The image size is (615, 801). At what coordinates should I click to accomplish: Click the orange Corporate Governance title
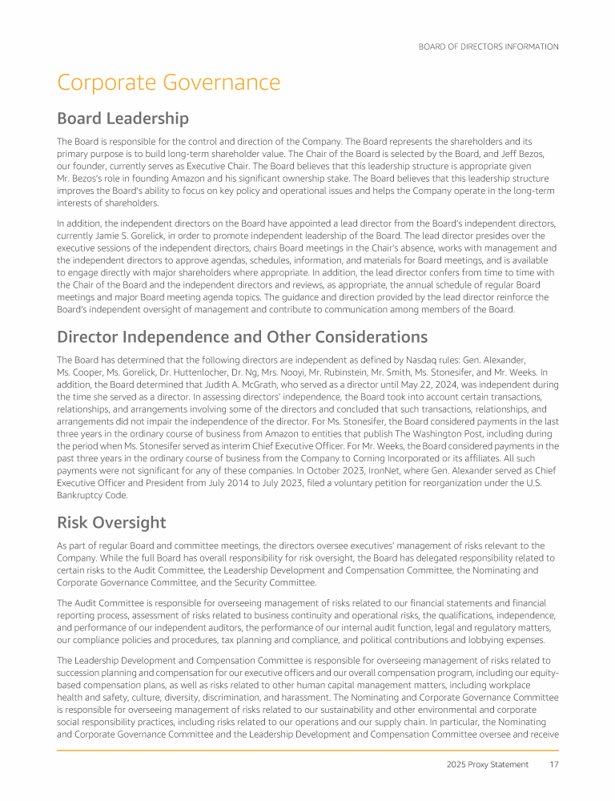click(168, 83)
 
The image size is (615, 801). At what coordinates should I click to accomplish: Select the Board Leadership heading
click(123, 119)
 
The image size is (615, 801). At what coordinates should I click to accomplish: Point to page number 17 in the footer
click(553, 764)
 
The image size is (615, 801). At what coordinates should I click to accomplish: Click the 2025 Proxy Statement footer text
click(487, 764)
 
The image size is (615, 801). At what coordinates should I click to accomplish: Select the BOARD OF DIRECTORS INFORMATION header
click(488, 46)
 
